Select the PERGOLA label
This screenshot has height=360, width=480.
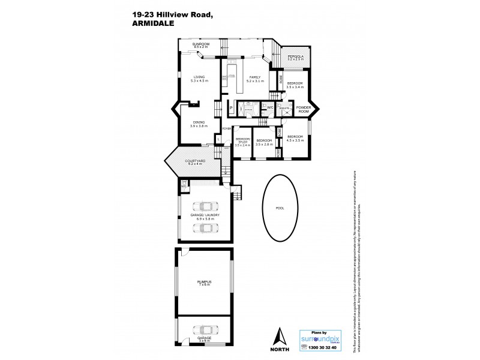point(295,58)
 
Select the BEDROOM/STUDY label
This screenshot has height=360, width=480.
point(242,143)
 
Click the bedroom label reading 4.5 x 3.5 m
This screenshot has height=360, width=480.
point(296,138)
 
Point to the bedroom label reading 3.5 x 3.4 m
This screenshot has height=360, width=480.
point(295,85)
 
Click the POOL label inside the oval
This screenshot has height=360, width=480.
point(279,208)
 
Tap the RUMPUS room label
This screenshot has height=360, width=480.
point(205,282)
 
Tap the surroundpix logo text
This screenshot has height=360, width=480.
point(324,338)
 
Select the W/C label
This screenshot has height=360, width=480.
point(270,108)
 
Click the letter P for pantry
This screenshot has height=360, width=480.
point(231,109)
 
